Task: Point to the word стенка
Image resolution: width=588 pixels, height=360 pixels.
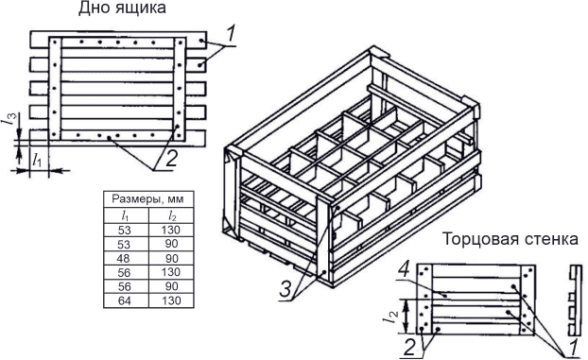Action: pos(548,239)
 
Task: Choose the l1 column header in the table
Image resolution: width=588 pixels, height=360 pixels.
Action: pos(125,215)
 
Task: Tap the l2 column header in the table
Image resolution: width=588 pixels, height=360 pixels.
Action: pos(172,215)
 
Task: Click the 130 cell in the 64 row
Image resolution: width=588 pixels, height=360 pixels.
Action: pos(171,300)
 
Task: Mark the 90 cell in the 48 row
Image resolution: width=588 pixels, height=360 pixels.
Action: pos(171,258)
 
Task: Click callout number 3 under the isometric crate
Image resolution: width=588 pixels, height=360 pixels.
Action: pos(285,290)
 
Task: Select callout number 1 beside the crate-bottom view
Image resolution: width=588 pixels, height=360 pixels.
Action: pos(231,34)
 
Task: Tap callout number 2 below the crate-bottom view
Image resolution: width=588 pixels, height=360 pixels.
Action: pos(171,159)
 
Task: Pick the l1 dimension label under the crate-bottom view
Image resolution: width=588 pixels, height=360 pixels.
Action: pos(37,160)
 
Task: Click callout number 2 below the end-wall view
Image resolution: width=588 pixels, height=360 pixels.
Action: pos(409,348)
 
